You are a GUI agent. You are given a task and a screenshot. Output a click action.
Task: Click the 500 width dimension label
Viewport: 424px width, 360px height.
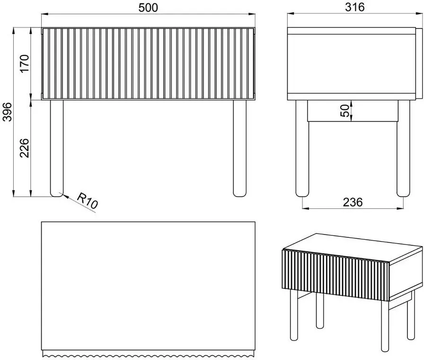coord(148,8)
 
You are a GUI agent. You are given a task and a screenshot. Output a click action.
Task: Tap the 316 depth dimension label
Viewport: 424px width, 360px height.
coord(355,7)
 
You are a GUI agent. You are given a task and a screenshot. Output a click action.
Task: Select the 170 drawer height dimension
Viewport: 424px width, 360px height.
coord(24,63)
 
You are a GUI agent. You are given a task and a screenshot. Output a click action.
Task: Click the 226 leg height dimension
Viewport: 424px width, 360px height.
coord(24,148)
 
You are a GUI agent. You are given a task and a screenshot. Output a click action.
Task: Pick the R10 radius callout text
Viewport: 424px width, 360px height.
coord(87,200)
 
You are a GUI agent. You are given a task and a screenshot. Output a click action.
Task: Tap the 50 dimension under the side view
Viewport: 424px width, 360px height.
coord(345,111)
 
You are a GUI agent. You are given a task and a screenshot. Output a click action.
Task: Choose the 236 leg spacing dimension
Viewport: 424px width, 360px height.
coord(353,202)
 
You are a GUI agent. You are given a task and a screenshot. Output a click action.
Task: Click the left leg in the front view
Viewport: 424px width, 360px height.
coord(57,148)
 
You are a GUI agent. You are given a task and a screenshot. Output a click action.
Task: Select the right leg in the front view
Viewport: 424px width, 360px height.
coord(240,148)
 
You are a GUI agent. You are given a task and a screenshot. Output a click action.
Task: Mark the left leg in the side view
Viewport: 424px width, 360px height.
coord(302,148)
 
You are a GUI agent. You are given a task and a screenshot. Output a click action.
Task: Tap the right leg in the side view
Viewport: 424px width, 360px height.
coord(403,148)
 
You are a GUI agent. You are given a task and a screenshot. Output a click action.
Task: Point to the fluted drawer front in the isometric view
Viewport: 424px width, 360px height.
coord(336,275)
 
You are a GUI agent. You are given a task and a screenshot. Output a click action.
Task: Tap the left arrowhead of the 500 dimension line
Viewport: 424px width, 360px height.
coord(44,14)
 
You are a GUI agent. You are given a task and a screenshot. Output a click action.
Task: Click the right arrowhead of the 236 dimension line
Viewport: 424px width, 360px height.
coord(400,208)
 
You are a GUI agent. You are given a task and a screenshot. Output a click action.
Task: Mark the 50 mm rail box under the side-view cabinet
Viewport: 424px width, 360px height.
coord(353,111)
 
